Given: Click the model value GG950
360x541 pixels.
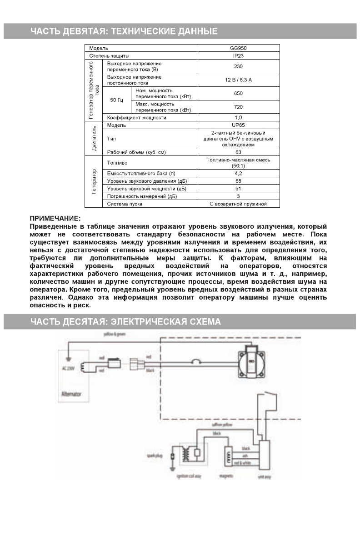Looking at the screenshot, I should point(238,48).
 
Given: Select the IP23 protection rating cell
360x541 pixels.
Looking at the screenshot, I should point(238,55).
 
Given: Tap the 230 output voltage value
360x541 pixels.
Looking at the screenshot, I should point(238,66).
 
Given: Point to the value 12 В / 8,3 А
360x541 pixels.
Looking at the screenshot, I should point(238,80).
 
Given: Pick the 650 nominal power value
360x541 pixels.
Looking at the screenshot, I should point(238,93).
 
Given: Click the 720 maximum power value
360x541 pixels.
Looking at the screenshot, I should point(238,107).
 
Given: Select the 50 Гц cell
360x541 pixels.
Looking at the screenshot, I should point(117,100).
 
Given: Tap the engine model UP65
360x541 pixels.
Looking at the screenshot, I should point(238,125).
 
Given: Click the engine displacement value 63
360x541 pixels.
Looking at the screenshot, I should point(238,152).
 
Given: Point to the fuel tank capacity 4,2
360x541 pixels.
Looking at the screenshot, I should point(238,173).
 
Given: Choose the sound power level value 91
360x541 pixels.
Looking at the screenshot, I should point(238,188).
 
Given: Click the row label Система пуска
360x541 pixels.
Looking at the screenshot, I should point(125,204).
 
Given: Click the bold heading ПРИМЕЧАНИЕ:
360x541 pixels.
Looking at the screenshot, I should point(55,219).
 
